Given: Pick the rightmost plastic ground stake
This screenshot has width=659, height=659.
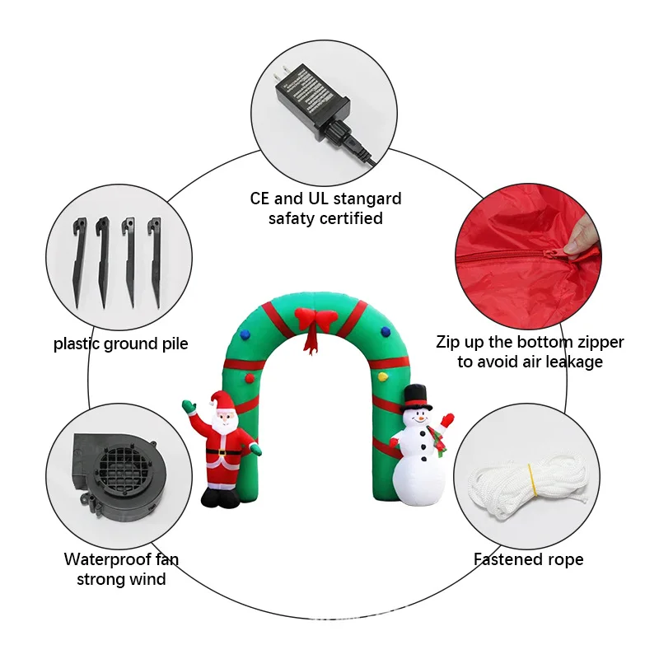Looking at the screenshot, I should point(154,259).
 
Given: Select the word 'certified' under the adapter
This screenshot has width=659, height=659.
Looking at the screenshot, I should point(349,218).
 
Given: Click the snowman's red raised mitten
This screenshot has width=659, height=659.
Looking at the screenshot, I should point(447,421).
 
